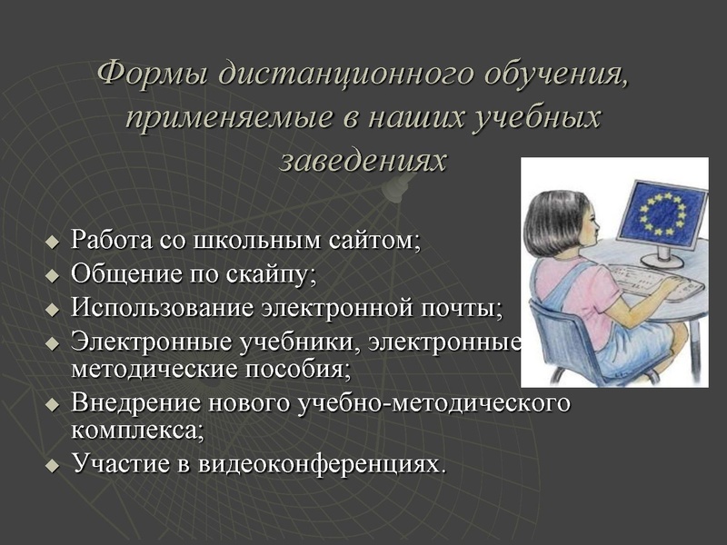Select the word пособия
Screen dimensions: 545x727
coord(296,370)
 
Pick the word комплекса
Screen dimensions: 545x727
coord(136,428)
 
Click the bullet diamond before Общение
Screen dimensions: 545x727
coord(52,274)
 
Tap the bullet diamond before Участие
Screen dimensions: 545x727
coord(52,464)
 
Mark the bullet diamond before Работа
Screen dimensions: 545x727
coord(52,243)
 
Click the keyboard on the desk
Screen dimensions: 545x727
coord(651,278)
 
